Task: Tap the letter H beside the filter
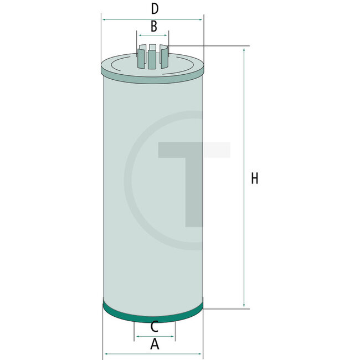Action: coord(254,178)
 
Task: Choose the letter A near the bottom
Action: coord(155,344)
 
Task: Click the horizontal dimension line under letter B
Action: coord(153,34)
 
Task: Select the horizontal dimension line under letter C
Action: coord(154,336)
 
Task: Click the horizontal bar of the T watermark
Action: coord(194,150)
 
